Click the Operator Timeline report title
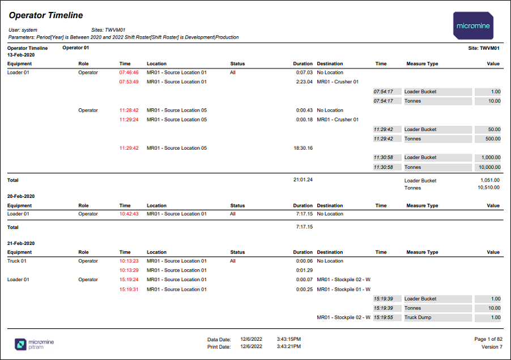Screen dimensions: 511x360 [x=46, y=15]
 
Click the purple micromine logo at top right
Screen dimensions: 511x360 [x=473, y=26]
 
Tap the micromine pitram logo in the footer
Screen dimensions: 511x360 [x=34, y=344]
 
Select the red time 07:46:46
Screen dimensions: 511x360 [x=129, y=73]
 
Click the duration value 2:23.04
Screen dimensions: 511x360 [x=304, y=82]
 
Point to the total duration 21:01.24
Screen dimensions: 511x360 [x=303, y=180]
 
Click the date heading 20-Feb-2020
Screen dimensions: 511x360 [x=21, y=196]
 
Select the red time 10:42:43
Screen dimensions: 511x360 [x=129, y=214]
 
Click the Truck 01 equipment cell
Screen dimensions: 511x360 [x=16, y=261]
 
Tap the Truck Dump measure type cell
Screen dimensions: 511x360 [x=418, y=317]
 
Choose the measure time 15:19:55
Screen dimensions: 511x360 [x=383, y=317]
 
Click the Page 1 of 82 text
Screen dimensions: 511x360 [x=488, y=339]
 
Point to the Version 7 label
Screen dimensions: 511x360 [x=492, y=347]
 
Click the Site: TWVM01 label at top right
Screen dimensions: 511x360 [x=484, y=48]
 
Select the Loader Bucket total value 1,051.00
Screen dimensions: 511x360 [x=490, y=180]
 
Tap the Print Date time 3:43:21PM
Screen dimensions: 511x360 [x=289, y=346]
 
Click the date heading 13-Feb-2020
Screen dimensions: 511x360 [x=21, y=55]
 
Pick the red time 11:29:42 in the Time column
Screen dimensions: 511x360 [x=129, y=148]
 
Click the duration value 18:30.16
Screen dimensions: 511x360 [x=303, y=148]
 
